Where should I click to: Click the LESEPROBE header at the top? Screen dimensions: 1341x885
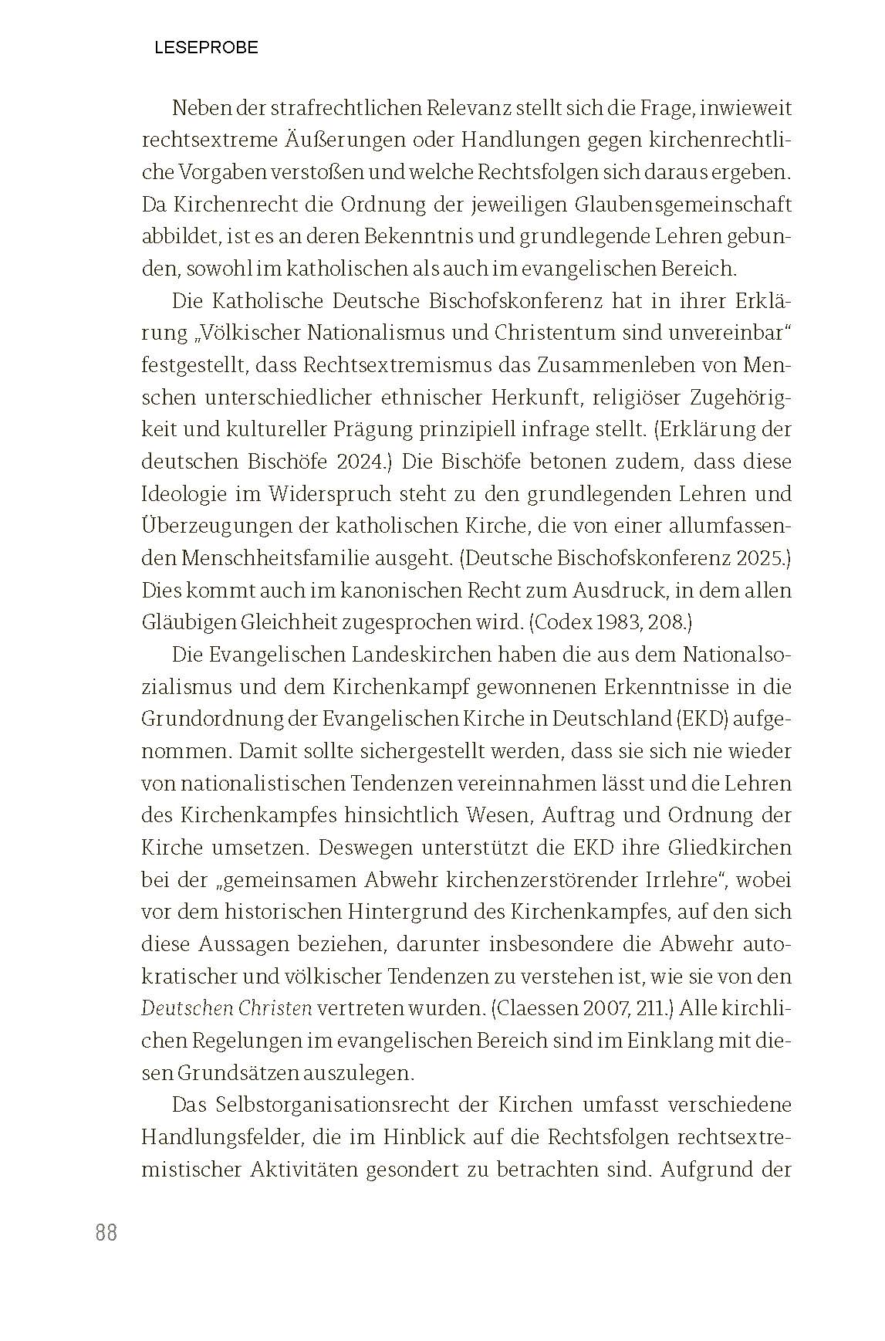206,48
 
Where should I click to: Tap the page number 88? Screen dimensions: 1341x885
106,1233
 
